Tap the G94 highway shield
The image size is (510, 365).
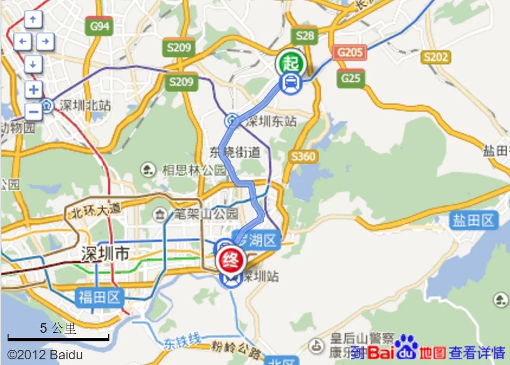(99, 27)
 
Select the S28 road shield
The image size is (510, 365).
(305, 36)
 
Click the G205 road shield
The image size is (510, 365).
(350, 52)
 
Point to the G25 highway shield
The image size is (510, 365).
(351, 78)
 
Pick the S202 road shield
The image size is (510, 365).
(435, 57)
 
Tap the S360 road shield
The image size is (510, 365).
(303, 156)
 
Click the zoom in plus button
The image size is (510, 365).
(34, 89)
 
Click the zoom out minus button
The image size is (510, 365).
(34, 112)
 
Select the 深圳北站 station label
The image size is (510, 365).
(85, 105)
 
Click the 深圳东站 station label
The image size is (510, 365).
(271, 122)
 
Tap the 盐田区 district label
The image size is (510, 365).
(474, 221)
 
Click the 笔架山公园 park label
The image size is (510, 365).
(206, 214)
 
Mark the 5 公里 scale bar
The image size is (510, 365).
(58, 337)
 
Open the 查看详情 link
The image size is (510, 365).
(476, 352)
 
